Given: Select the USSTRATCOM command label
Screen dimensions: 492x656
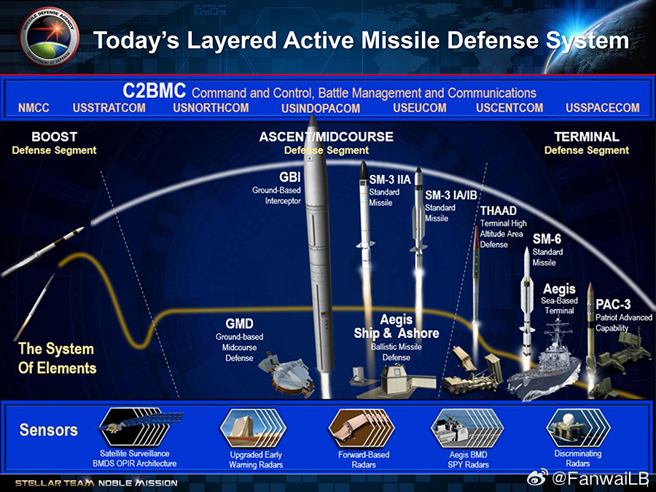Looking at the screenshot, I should tap(109, 108).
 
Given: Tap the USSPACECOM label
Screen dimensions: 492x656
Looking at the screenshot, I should tap(602, 108).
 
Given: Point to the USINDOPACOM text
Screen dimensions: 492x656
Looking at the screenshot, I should tap(321, 109).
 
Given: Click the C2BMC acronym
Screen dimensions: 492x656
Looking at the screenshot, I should tap(154, 91).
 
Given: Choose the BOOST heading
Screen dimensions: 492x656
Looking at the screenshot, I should tap(54, 137).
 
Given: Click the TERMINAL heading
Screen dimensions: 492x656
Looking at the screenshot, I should tap(586, 137).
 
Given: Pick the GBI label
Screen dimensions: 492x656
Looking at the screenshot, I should tap(289, 177).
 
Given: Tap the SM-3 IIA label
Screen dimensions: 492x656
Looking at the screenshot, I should tap(390, 180).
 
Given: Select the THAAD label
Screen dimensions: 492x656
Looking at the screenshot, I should tap(498, 211).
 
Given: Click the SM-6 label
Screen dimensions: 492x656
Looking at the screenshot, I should tap(547, 239).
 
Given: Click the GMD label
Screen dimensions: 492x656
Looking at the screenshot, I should tap(239, 324).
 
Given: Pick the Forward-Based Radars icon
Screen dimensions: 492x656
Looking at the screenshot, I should tap(358, 426).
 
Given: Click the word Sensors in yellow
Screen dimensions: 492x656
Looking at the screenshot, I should tap(48, 430).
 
